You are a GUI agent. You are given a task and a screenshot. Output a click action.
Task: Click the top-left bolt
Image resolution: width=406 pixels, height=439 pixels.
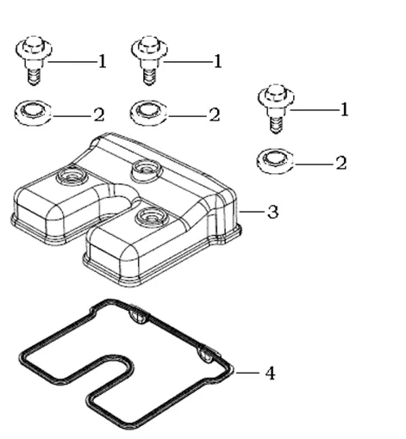[x=34, y=60]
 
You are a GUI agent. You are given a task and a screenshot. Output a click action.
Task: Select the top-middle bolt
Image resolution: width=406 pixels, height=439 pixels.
[x=149, y=60]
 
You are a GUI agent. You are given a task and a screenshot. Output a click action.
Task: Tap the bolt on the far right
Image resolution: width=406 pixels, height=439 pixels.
[x=276, y=108]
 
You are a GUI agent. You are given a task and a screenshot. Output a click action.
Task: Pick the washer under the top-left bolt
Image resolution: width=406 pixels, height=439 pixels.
[x=33, y=113]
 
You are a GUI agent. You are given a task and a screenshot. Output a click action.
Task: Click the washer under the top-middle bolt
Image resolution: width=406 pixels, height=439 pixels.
[x=148, y=113]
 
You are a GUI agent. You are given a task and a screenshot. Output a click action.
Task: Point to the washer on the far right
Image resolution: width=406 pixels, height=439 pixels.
[x=275, y=161]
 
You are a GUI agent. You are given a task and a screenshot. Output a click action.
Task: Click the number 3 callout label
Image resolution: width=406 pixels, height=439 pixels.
[x=272, y=212]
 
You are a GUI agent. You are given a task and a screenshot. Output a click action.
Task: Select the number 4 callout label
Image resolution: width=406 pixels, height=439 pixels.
[x=270, y=374]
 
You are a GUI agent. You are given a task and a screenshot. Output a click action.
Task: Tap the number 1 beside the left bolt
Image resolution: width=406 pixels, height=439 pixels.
[x=103, y=61]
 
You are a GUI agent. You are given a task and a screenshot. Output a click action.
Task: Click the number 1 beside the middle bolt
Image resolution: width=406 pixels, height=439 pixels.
[x=218, y=61]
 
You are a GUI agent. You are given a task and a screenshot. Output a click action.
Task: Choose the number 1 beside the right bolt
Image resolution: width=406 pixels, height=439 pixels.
[x=345, y=109]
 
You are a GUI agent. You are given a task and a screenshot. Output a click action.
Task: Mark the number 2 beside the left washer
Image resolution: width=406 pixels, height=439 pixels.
[x=99, y=115]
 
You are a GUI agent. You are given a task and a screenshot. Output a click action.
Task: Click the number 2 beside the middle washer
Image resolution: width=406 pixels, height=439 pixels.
[x=215, y=115]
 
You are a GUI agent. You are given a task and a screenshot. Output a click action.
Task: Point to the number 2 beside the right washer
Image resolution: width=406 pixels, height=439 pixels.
[x=341, y=164]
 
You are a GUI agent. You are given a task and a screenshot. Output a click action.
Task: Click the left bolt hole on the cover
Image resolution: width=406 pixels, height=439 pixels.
[x=72, y=176]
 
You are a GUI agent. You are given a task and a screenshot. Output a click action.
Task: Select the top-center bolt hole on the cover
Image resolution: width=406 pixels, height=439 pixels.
[x=146, y=169]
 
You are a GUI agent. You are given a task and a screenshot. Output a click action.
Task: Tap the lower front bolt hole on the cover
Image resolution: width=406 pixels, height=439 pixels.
[x=150, y=217]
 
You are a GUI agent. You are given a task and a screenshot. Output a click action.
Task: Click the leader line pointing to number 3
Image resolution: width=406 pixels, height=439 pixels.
[x=252, y=212]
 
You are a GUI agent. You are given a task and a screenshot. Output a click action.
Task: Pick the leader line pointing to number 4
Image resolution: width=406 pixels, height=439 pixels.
[x=248, y=373]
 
